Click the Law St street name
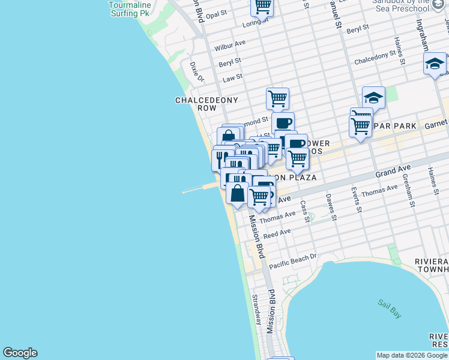tap(232, 77)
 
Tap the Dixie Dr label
tap(197, 71)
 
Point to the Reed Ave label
tap(277, 233)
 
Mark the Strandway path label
tap(256, 309)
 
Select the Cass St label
tap(306, 211)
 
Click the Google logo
tap(20, 353)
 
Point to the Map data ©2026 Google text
tap(412, 355)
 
